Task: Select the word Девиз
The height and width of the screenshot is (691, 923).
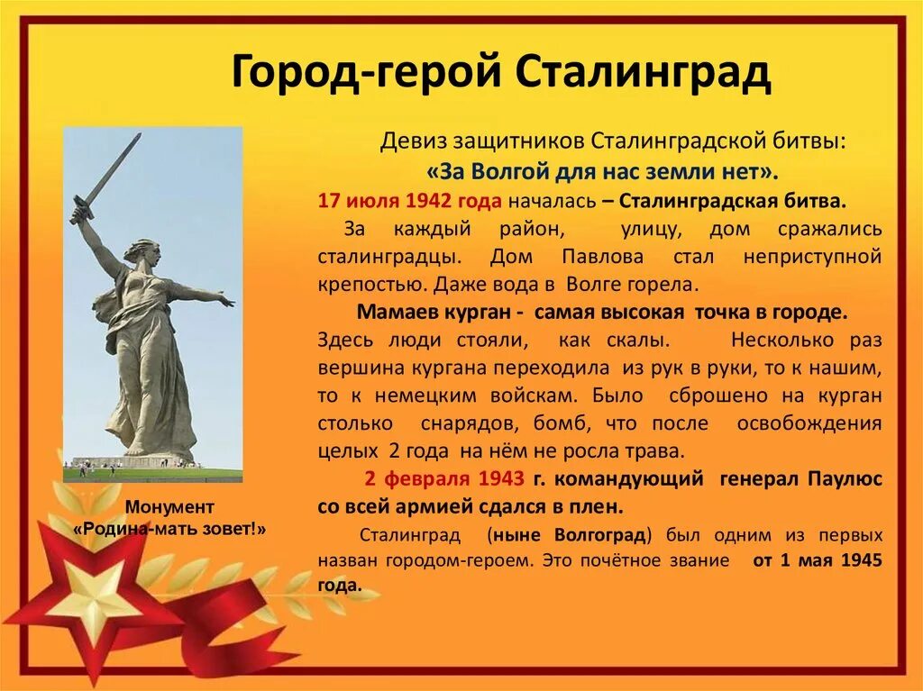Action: pos(409,141)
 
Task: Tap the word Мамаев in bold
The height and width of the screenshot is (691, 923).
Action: pos(395,313)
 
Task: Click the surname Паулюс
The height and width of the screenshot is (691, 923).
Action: pos(845,478)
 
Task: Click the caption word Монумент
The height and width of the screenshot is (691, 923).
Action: pos(169,505)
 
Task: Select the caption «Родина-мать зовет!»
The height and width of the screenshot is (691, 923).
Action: pos(169,528)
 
